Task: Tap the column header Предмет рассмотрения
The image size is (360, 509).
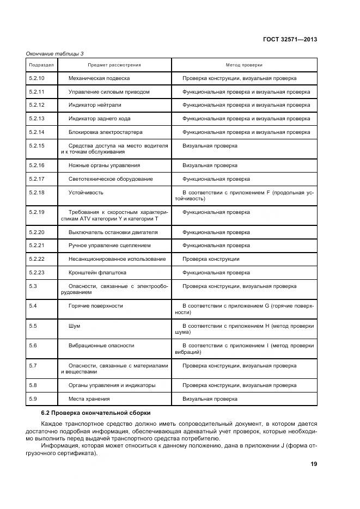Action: (x=114, y=65)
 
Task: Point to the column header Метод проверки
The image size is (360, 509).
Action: (x=244, y=65)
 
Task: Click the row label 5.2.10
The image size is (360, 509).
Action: (x=36, y=78)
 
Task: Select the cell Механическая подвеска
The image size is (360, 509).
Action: (x=99, y=78)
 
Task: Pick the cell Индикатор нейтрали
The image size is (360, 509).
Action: (x=95, y=105)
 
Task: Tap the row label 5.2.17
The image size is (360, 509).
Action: (x=36, y=179)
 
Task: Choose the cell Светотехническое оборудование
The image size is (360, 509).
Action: (x=111, y=179)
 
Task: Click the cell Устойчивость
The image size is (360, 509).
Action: (x=86, y=192)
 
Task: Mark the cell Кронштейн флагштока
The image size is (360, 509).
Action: (x=97, y=272)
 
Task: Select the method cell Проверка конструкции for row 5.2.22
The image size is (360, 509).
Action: (x=211, y=259)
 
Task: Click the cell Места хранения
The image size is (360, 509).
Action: (x=89, y=398)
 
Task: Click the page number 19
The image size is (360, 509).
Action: (x=313, y=464)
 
